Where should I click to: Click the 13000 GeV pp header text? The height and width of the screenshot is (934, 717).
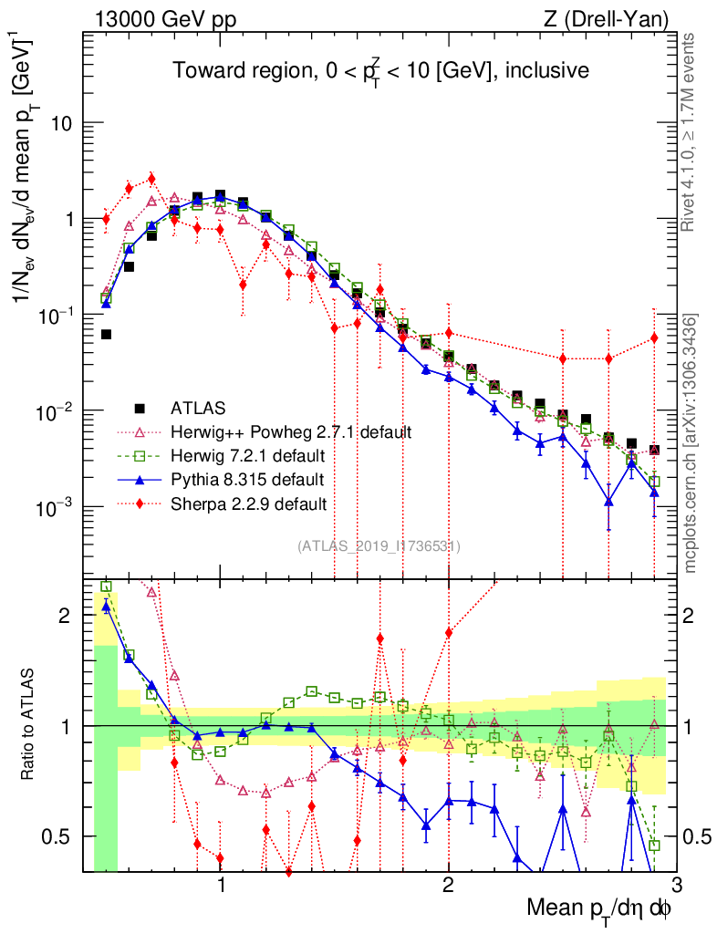point(164,18)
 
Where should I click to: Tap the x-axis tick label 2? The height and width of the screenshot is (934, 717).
point(448,886)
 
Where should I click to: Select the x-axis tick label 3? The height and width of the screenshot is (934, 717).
point(675,886)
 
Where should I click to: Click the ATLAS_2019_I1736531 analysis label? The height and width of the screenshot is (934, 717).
point(379,546)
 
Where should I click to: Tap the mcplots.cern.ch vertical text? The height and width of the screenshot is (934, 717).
point(691,443)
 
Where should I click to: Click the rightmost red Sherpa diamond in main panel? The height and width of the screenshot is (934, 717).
point(654,338)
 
